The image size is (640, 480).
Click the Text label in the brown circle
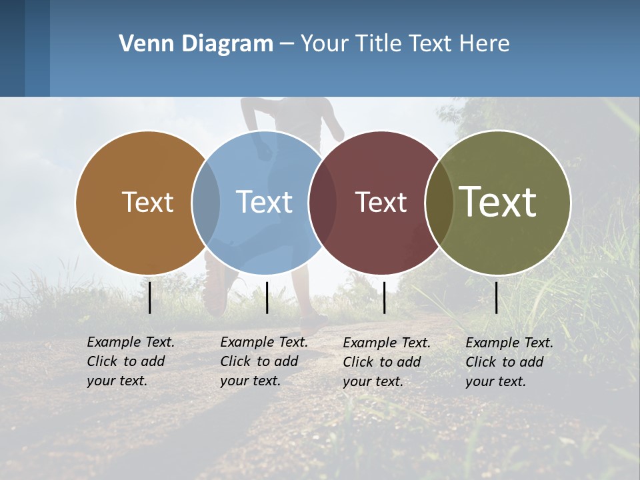click(x=147, y=202)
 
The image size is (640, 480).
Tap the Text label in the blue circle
click(x=264, y=202)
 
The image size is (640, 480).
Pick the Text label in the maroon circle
click(x=381, y=202)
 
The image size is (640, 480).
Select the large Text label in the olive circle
click(x=498, y=202)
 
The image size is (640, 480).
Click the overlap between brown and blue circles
click(x=206, y=202)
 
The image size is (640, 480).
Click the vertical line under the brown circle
click(x=150, y=297)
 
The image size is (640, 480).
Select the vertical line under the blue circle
click(x=267, y=297)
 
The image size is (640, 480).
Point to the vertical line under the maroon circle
click(x=384, y=297)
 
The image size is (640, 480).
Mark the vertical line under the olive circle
click(x=497, y=297)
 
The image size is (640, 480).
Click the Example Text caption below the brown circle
click(x=130, y=361)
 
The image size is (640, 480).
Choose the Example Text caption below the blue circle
click(x=263, y=361)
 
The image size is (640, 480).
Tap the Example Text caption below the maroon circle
click(x=386, y=362)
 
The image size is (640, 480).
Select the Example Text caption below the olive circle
click(x=509, y=362)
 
